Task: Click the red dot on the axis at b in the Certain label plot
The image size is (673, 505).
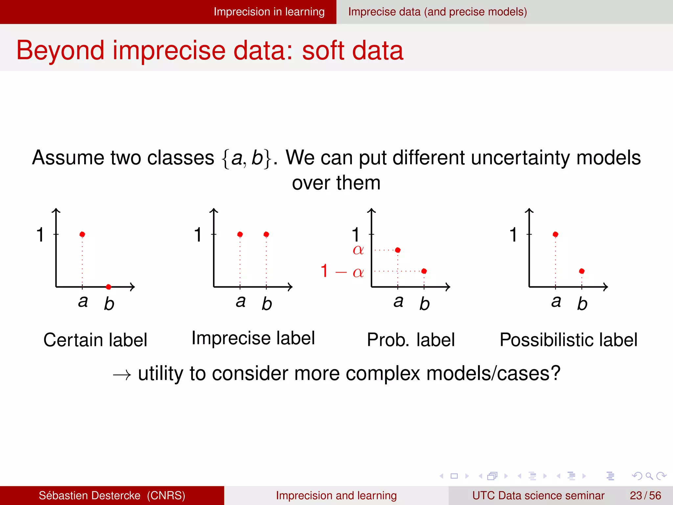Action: click(108, 287)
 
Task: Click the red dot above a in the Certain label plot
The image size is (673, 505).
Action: click(82, 234)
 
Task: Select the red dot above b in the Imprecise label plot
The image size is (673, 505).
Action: click(266, 234)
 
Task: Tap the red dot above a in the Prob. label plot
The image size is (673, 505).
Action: click(398, 250)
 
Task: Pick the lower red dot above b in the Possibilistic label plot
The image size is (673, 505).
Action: click(582, 271)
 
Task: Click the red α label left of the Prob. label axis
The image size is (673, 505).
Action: click(358, 250)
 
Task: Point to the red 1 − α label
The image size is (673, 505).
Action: click(342, 272)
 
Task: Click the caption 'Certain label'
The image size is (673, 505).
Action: click(95, 340)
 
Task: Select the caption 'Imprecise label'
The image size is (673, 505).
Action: click(253, 338)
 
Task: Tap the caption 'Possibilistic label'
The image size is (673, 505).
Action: click(569, 340)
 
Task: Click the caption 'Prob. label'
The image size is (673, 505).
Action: click(411, 340)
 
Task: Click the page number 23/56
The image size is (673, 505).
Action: click(645, 495)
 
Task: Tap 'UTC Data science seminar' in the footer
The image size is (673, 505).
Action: click(538, 495)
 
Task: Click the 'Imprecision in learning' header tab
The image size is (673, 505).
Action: click(269, 12)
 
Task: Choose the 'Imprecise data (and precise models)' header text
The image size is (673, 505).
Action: click(437, 12)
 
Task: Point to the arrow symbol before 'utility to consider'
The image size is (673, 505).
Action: click(122, 375)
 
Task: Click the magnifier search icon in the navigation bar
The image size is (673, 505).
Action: click(649, 476)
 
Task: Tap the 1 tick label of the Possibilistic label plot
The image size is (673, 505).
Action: click(513, 235)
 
